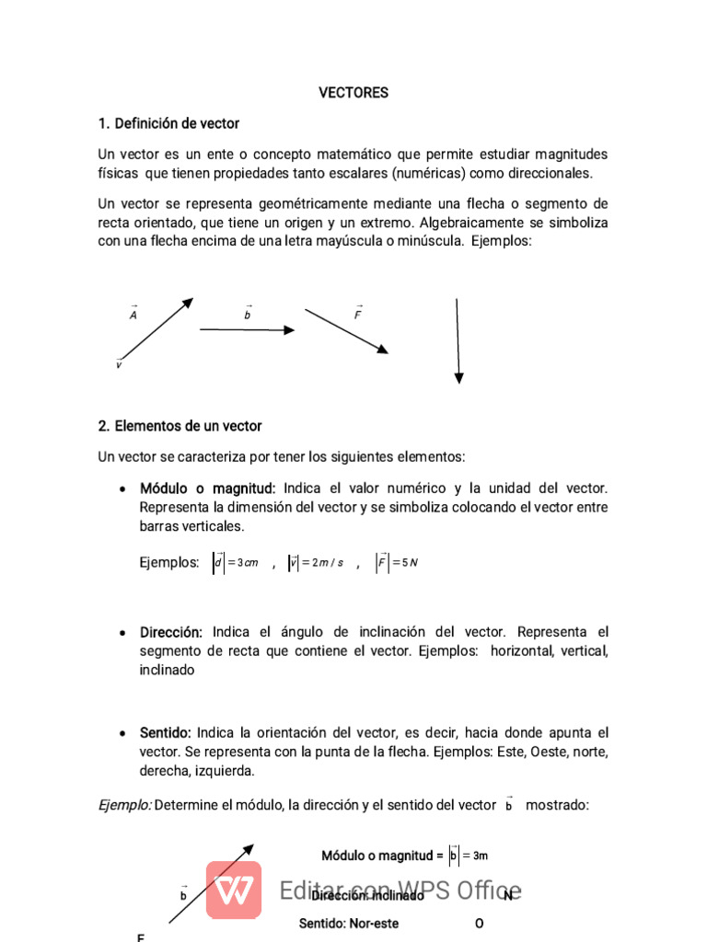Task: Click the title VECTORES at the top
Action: tap(353, 93)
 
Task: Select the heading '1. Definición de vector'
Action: tap(168, 123)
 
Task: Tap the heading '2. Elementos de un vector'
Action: tap(180, 426)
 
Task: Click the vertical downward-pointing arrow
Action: tap(458, 339)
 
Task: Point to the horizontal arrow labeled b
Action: tap(247, 329)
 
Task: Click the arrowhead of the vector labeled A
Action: tap(189, 302)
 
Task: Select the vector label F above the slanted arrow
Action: tap(358, 315)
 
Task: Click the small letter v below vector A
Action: tap(119, 365)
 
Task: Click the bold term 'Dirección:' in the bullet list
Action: tap(171, 633)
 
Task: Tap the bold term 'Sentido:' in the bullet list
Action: tap(165, 733)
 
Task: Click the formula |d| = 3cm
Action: tap(236, 563)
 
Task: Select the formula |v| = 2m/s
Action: tap(316, 563)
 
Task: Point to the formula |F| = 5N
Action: tap(398, 563)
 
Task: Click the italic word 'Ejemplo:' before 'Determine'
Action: tap(124, 805)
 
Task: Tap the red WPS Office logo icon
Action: tap(233, 890)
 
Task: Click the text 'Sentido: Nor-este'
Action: tap(349, 923)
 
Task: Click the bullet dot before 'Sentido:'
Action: tap(123, 734)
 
